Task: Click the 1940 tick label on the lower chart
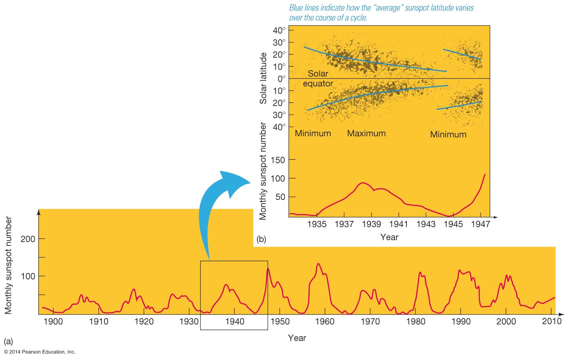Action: click(x=234, y=321)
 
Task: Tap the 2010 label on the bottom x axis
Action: click(x=552, y=321)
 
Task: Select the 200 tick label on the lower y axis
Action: click(x=28, y=239)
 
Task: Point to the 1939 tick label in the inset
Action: click(x=371, y=224)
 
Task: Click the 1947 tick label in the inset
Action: click(x=480, y=224)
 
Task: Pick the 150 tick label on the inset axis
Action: click(x=277, y=160)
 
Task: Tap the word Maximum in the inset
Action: click(x=366, y=133)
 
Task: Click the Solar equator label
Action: click(x=318, y=79)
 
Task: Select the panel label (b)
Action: click(x=261, y=239)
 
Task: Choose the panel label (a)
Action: click(x=8, y=342)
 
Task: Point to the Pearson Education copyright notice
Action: click(x=40, y=352)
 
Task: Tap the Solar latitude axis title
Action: click(x=263, y=78)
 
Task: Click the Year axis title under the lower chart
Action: click(x=297, y=338)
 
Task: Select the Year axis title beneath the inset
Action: click(x=389, y=237)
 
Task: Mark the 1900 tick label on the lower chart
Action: click(x=53, y=321)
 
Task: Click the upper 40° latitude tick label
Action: click(x=279, y=30)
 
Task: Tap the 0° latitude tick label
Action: click(x=281, y=78)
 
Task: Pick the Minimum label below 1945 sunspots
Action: click(x=448, y=135)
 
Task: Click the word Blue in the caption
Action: click(x=297, y=8)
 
